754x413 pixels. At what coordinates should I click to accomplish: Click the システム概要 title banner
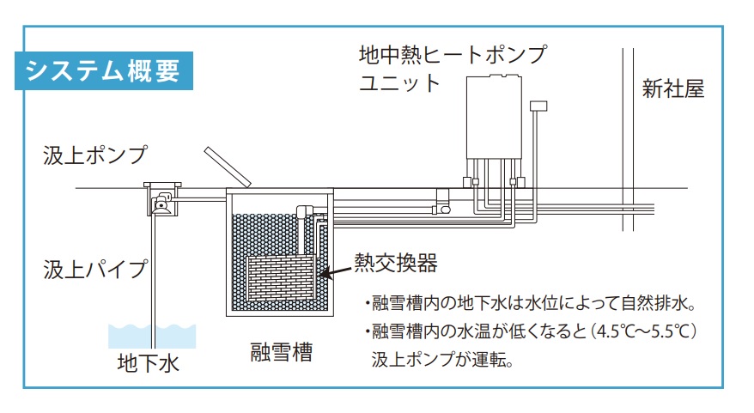pyautogui.click(x=104, y=70)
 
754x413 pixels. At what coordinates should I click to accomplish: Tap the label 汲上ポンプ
pyautogui.click(x=95, y=155)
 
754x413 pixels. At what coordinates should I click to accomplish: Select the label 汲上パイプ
pyautogui.click(x=95, y=270)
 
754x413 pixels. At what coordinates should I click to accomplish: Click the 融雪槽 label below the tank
pyautogui.click(x=282, y=352)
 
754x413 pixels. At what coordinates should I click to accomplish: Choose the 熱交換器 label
pyautogui.click(x=396, y=263)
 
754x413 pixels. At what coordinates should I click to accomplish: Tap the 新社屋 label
pyautogui.click(x=672, y=89)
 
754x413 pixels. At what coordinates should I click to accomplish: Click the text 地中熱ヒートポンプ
pyautogui.click(x=453, y=55)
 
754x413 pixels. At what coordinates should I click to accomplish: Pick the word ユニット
pyautogui.click(x=399, y=82)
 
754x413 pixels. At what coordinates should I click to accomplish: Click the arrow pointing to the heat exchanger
pyautogui.click(x=335, y=272)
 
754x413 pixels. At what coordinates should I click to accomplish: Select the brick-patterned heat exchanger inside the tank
pyautogui.click(x=280, y=278)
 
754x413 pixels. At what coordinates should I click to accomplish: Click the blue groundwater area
pyautogui.click(x=152, y=336)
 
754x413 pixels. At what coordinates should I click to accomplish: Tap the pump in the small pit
pyautogui.click(x=161, y=203)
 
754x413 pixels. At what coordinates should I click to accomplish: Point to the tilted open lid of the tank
pyautogui.click(x=228, y=167)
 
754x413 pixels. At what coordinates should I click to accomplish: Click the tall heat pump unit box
pyautogui.click(x=494, y=117)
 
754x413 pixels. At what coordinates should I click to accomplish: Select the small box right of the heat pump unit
pyautogui.click(x=538, y=106)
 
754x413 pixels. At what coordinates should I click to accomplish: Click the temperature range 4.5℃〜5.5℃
pyautogui.click(x=643, y=331)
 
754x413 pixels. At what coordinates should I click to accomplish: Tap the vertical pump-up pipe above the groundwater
pyautogui.click(x=154, y=282)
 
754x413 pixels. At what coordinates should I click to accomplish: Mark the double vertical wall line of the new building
pyautogui.click(x=628, y=139)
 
